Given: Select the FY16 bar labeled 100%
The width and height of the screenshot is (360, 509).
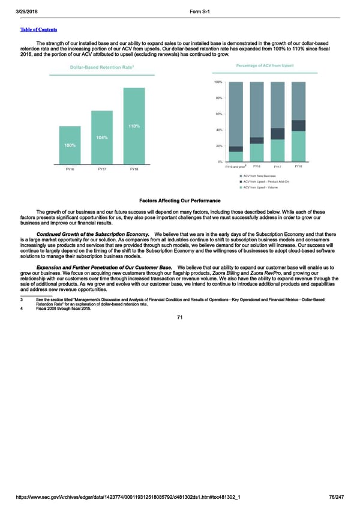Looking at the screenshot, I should pyautogui.click(x=70, y=145).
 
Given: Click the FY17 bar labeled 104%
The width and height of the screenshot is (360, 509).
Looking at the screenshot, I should pyautogui.click(x=102, y=137).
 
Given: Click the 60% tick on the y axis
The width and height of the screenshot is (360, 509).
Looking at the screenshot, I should pyautogui.click(x=218, y=114).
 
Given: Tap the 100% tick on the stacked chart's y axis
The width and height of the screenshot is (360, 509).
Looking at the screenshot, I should pyautogui.click(x=218, y=82).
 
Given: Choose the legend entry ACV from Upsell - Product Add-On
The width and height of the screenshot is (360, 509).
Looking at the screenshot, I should pyautogui.click(x=266, y=182).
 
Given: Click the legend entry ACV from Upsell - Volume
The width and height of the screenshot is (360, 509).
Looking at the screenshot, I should pyautogui.click(x=262, y=188).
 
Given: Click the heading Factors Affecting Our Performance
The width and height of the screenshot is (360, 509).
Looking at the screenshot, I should pyautogui.click(x=179, y=200).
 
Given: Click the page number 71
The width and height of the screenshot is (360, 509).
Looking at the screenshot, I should pyautogui.click(x=179, y=318).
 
